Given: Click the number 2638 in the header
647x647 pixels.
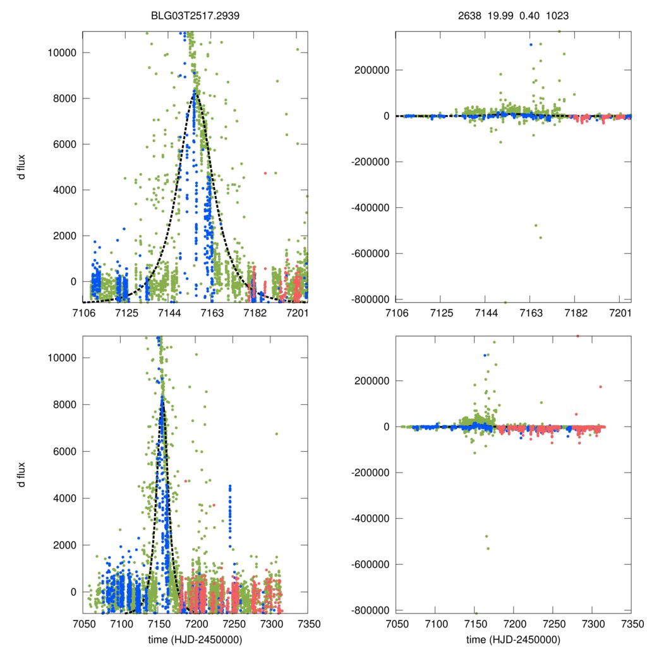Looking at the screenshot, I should click(x=469, y=16).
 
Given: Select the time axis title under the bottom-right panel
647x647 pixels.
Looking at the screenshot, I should click(x=513, y=639).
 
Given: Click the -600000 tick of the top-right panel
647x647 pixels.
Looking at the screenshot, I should click(x=372, y=253).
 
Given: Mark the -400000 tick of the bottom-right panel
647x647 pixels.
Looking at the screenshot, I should click(x=372, y=518).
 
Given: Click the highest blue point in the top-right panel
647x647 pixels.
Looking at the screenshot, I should click(x=531, y=44).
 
